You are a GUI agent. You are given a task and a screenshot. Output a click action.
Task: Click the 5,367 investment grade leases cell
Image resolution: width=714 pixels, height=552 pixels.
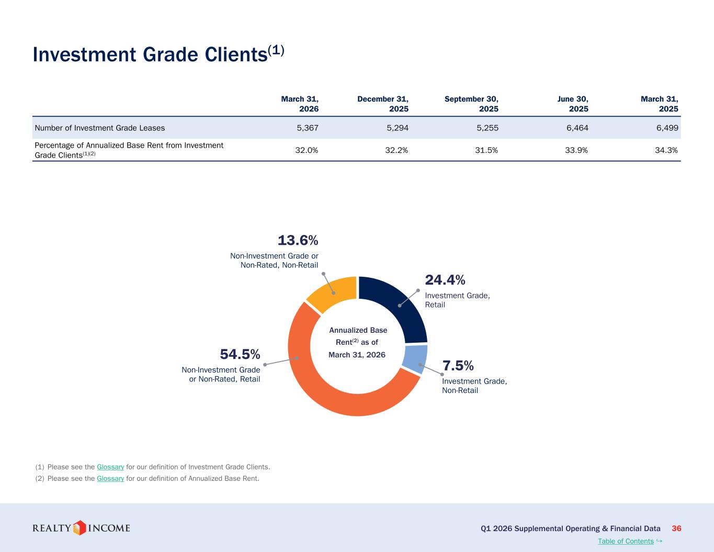[x=308, y=128]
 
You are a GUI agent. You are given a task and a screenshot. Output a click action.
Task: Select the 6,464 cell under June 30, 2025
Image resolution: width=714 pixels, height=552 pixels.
[x=577, y=128]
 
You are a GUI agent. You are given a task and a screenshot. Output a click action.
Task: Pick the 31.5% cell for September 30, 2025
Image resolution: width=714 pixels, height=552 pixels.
[x=486, y=150]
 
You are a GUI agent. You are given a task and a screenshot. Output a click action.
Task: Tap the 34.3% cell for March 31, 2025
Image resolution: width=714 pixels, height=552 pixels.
[x=666, y=150]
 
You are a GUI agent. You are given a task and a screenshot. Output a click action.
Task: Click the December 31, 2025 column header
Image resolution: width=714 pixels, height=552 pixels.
[x=383, y=104]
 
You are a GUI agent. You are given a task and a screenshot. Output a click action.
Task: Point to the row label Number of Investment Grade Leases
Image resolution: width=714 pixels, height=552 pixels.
[x=100, y=128]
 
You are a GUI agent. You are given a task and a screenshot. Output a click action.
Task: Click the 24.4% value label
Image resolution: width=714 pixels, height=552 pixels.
[x=445, y=280]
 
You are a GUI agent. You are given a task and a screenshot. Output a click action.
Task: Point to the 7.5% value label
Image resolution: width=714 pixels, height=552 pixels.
[x=458, y=365]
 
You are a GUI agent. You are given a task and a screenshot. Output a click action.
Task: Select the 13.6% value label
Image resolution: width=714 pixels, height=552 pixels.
[x=298, y=240]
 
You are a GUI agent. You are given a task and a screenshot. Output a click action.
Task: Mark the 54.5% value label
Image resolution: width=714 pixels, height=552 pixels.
[x=240, y=354]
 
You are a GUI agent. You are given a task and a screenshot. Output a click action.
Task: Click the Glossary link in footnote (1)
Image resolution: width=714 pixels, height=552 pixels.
[x=110, y=467]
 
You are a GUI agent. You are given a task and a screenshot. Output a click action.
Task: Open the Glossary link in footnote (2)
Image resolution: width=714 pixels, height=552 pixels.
[x=110, y=478]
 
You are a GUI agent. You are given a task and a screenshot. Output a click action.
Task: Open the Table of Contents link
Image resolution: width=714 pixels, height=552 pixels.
[x=626, y=541]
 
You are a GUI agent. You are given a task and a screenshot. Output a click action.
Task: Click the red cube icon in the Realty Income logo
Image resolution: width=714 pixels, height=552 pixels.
[x=79, y=528]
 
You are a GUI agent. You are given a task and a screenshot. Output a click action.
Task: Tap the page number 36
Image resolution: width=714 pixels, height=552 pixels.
[x=676, y=528]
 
